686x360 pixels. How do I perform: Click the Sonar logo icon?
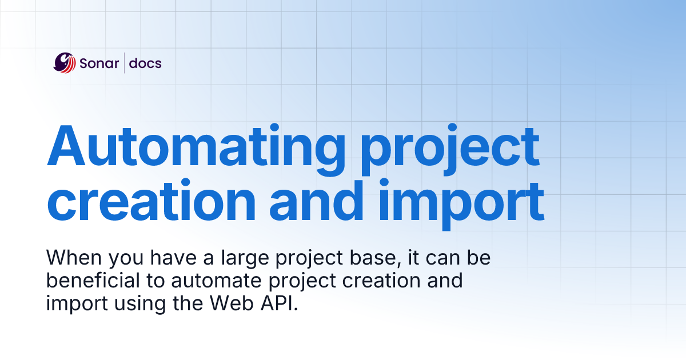coord(64,63)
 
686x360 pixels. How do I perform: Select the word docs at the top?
coord(145,63)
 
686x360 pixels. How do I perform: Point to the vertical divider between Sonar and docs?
coord(124,63)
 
